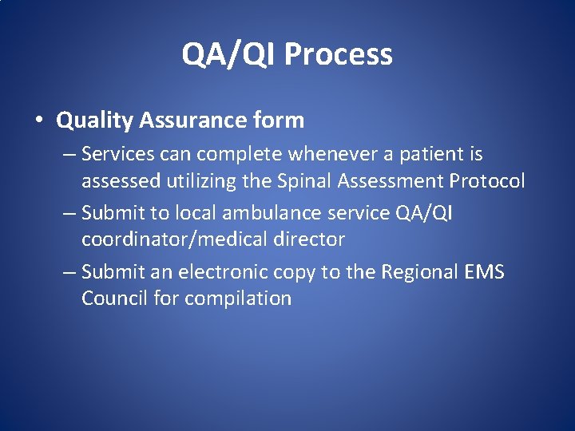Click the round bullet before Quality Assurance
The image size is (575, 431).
(x=38, y=121)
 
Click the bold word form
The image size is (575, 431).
(x=281, y=121)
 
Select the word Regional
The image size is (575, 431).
(x=421, y=271)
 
